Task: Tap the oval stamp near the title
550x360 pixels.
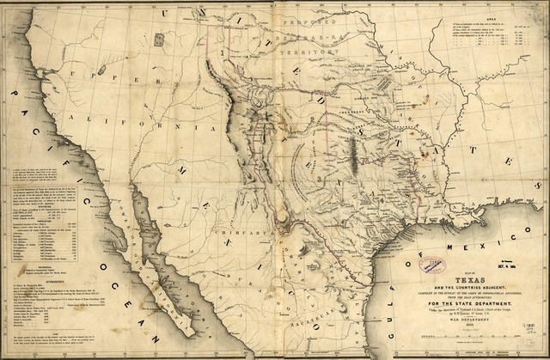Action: tap(432, 265)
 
